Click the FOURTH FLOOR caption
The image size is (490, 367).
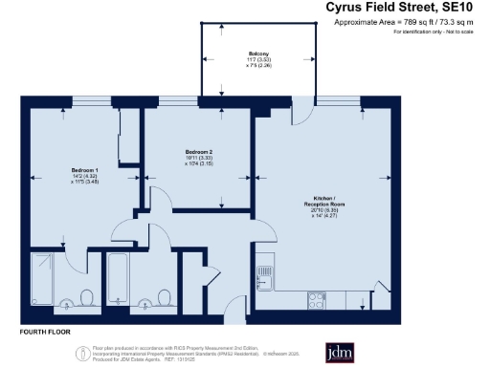pos(46,332)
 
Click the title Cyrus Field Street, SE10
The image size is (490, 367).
pos(406,9)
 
